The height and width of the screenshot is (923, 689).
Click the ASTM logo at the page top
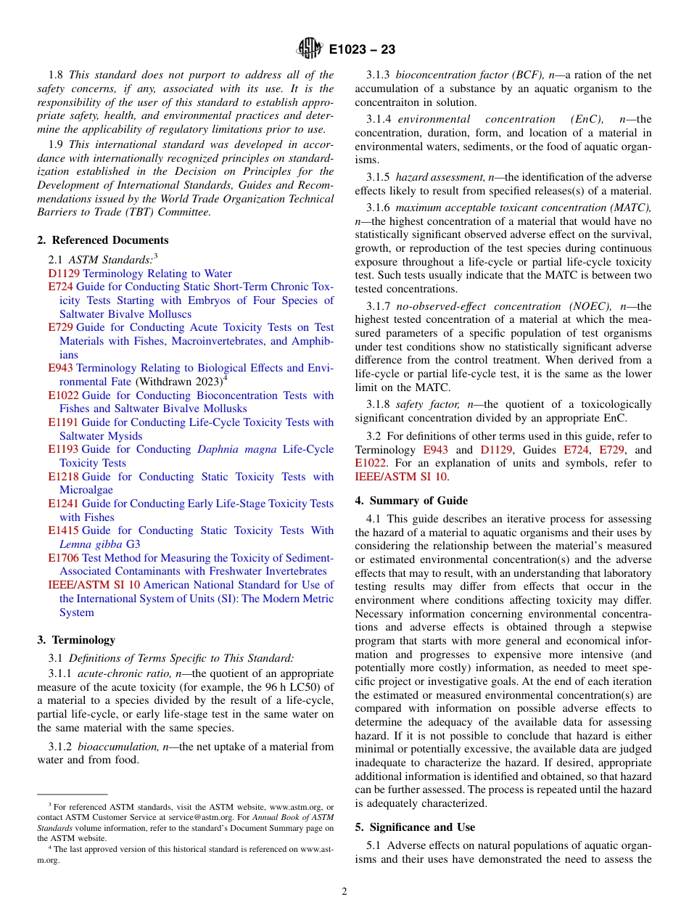(310, 49)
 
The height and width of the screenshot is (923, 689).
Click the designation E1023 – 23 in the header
(362, 50)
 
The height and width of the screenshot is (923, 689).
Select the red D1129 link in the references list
(64, 274)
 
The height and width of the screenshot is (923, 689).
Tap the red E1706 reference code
(64, 558)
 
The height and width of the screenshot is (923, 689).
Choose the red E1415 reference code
(64, 530)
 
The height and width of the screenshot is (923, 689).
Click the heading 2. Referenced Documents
(103, 240)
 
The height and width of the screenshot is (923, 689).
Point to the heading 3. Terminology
(76, 640)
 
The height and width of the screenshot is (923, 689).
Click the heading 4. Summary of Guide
(411, 501)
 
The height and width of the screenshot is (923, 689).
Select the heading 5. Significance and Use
(415, 827)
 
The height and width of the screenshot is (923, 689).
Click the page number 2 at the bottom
(344, 892)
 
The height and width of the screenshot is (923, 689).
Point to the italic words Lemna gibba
(91, 544)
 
